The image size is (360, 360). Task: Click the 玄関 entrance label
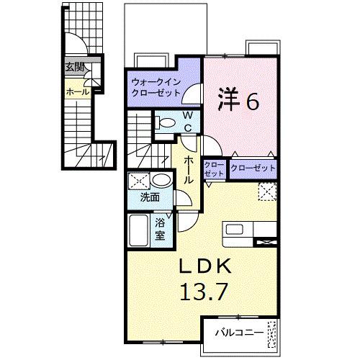coord(75,67)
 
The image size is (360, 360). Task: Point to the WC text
coord(186,122)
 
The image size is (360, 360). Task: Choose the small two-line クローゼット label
coord(214,170)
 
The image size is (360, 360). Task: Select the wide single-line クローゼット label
coord(253,167)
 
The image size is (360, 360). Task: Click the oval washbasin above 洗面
coord(162,180)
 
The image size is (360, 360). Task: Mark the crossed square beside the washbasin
coord(139,181)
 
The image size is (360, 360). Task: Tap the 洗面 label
coord(150,197)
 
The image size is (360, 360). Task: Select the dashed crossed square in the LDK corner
coord(268,192)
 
